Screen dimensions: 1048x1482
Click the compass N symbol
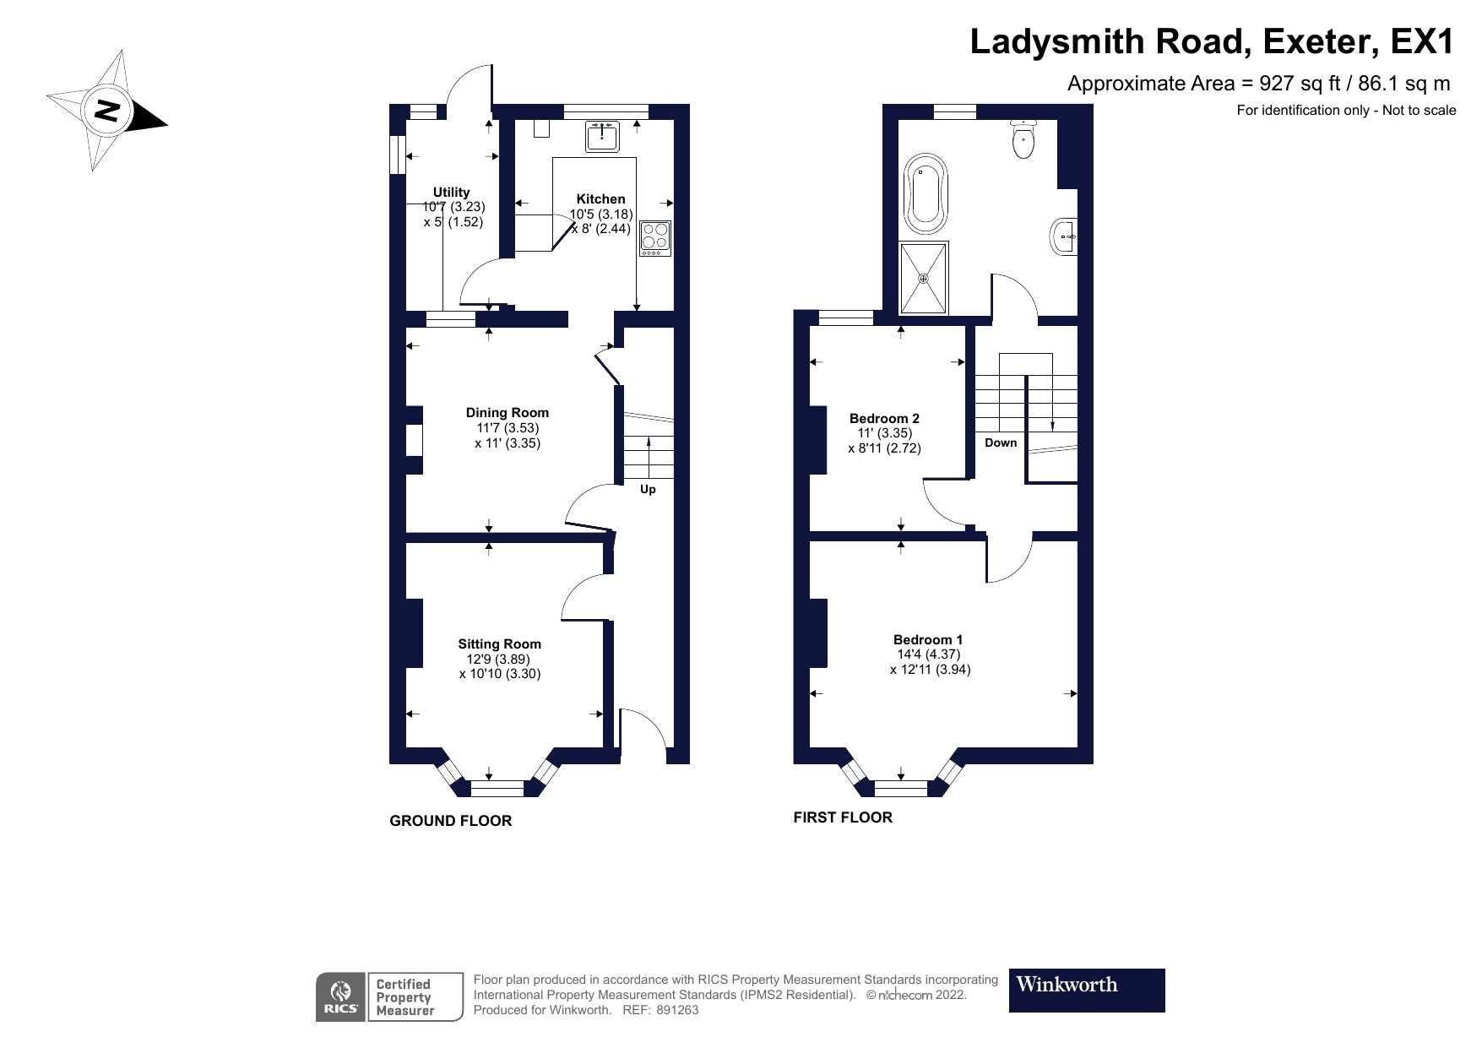pos(107,110)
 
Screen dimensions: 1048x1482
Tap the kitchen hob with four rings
pos(654,238)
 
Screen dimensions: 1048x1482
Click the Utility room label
pos(451,192)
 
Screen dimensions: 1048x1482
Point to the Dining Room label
pos(507,412)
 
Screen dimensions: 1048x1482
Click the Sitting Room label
pos(499,643)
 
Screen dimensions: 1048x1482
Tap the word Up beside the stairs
pos(648,489)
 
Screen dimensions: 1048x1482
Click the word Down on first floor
pos(1001,443)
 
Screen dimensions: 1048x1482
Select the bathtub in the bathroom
pos(926,194)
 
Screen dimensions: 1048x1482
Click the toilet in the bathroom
pos(1023,139)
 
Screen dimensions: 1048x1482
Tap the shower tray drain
pos(924,278)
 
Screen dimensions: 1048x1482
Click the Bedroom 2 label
pos(884,418)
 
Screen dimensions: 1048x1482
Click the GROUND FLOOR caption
pos(450,820)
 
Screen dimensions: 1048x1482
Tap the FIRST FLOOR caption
pos(842,817)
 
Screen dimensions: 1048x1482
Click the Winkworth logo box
pos(1086,990)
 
